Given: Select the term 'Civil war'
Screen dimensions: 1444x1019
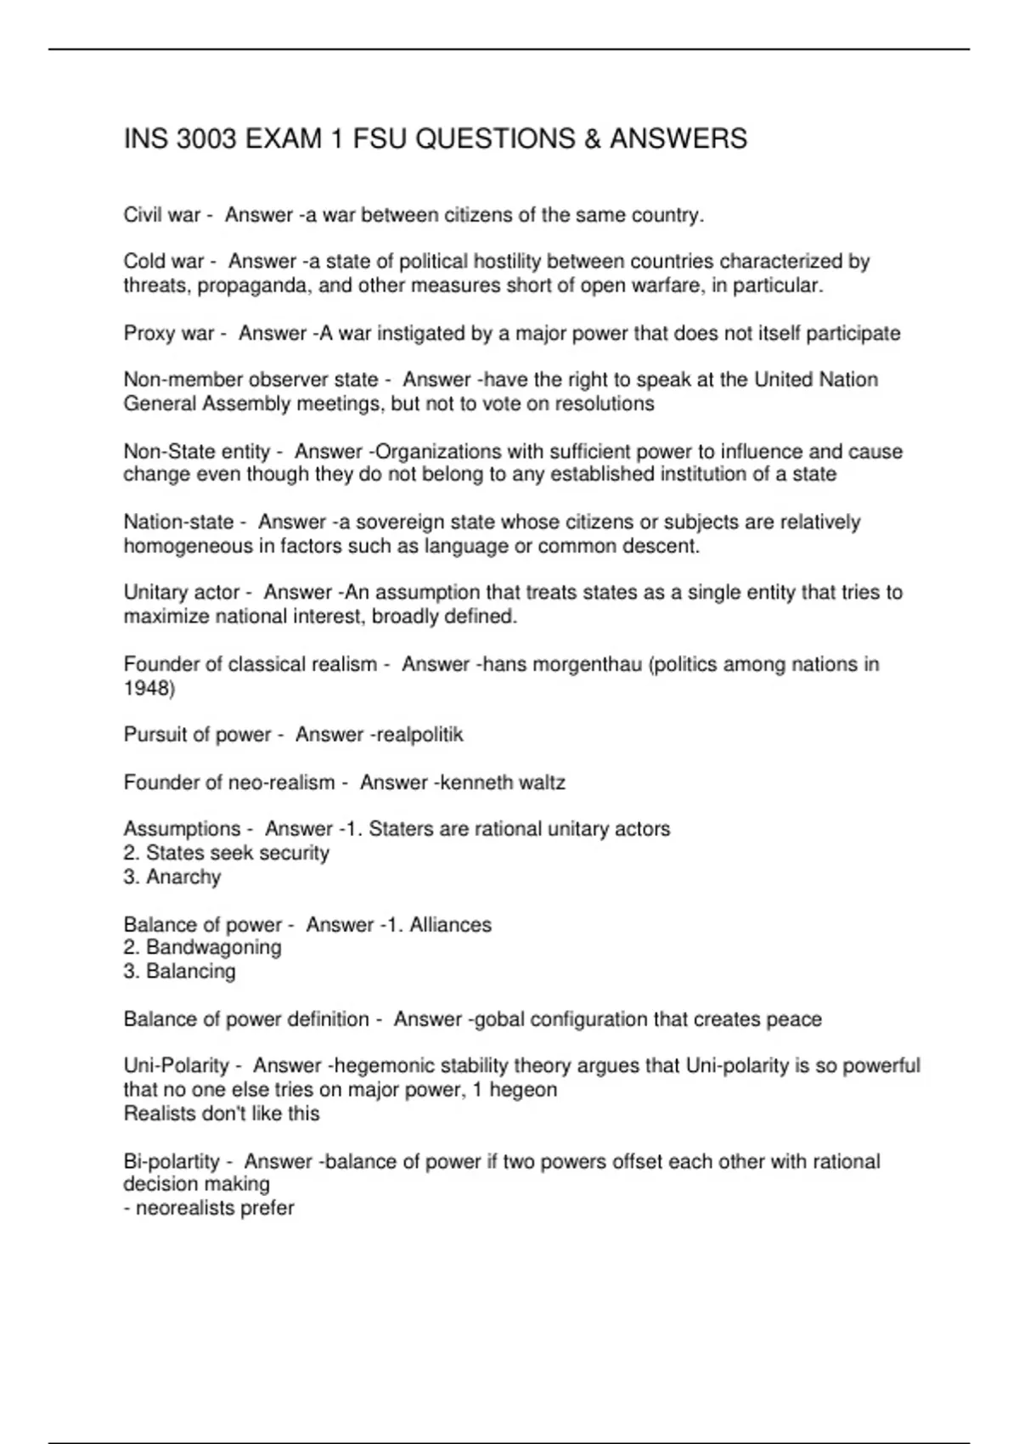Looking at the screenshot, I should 161,215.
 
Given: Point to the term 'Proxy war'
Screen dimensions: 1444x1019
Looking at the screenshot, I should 168,333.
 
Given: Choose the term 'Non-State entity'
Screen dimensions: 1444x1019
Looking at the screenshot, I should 197,451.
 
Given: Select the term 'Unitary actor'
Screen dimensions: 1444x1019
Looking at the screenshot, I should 182,592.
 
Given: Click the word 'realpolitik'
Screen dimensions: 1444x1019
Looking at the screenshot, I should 418,735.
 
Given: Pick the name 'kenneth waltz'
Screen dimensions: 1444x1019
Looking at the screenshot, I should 503,782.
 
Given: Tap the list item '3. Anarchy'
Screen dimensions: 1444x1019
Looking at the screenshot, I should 172,877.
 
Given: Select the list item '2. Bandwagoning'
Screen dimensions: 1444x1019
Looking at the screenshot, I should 202,947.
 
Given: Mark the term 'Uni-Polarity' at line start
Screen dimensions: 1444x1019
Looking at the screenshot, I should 177,1065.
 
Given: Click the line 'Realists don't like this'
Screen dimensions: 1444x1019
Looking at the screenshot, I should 222,1114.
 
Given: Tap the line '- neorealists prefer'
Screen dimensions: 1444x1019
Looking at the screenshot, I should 209,1208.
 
